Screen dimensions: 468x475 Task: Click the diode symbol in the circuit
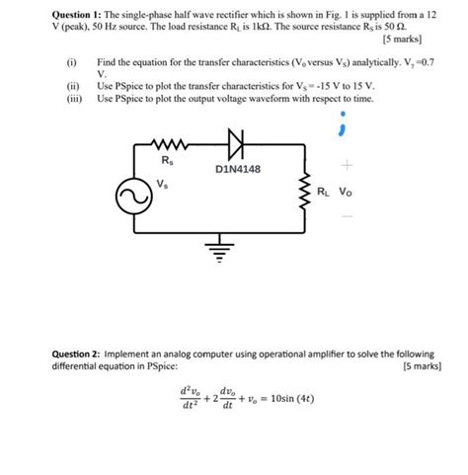(234, 145)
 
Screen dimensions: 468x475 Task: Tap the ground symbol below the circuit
(220, 246)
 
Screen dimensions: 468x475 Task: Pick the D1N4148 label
(237, 169)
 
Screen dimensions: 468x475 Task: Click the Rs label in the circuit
(167, 160)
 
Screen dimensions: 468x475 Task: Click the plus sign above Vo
(347, 166)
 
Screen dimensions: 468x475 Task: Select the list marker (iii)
(71, 99)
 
